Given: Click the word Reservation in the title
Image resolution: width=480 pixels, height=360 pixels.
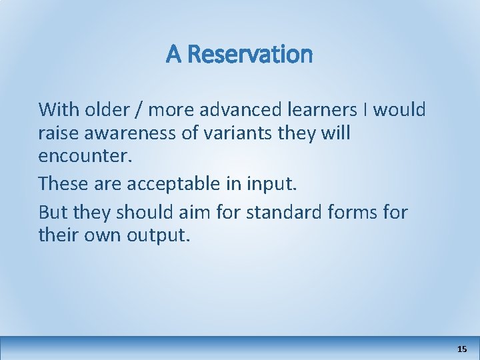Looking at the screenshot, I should [250, 54].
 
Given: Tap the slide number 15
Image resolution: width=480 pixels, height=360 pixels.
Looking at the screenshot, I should [463, 349].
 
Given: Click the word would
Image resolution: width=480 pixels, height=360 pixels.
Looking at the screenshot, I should [399, 109].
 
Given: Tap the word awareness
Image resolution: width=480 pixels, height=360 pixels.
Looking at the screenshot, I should [135, 133].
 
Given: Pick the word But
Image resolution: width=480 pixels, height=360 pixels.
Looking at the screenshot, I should [53, 213].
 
